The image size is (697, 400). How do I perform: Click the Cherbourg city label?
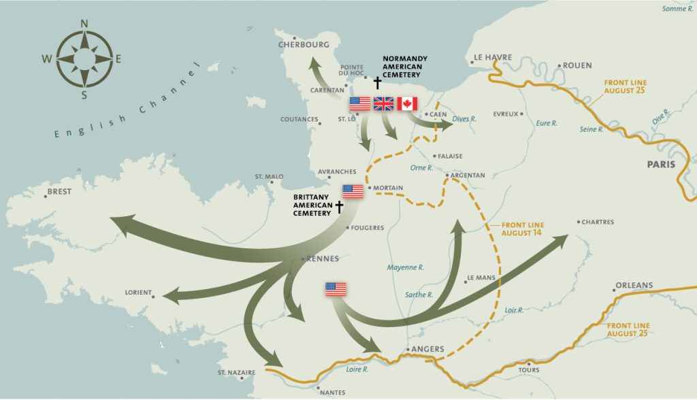(x=304, y=44)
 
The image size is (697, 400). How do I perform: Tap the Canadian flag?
(x=407, y=103)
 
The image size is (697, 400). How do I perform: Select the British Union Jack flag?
(x=384, y=103)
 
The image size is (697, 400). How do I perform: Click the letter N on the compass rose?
(x=84, y=24)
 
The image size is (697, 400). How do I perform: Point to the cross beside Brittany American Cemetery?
(x=339, y=207)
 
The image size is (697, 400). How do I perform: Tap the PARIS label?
(x=662, y=164)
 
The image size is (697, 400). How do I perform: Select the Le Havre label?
(x=493, y=57)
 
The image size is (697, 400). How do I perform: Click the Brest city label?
(x=59, y=192)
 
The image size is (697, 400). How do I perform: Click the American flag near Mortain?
(x=353, y=191)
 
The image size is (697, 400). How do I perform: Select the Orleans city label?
(x=634, y=285)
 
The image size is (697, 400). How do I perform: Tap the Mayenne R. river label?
(x=405, y=267)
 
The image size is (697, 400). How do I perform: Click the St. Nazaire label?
(x=236, y=373)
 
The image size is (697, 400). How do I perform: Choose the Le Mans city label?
(x=480, y=278)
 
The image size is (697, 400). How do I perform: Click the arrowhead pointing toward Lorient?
(x=169, y=297)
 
